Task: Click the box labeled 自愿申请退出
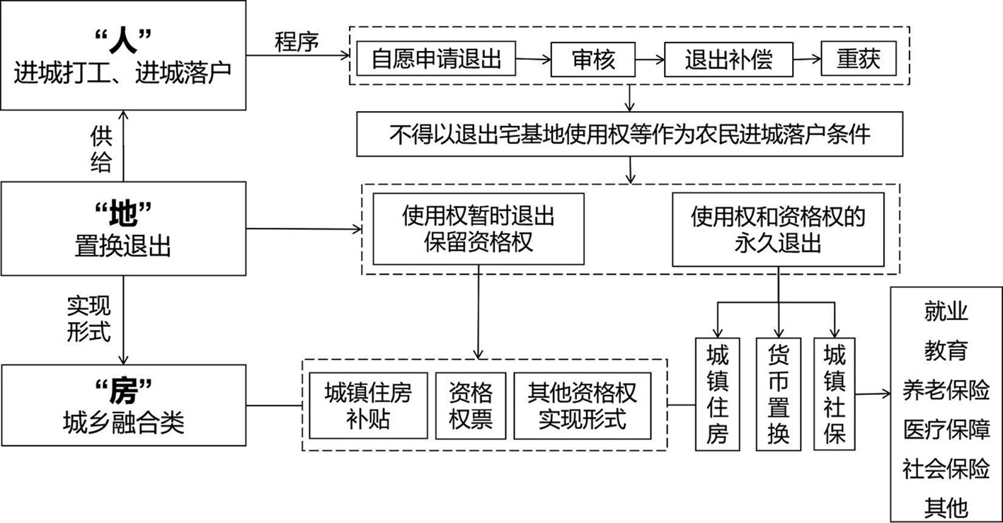436,59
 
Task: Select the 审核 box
593,59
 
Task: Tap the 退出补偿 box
728,59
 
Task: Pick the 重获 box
858,59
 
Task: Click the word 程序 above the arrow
297,41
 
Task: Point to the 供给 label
101,149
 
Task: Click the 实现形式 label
89,319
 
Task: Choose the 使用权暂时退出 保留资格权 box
478,229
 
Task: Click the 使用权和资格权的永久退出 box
778,229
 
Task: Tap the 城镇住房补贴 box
368,406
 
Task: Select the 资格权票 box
471,406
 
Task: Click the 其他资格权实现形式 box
582,406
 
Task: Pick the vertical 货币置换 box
778,394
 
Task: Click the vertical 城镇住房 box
717,394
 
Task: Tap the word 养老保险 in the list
946,390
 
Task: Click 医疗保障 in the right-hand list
946,429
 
